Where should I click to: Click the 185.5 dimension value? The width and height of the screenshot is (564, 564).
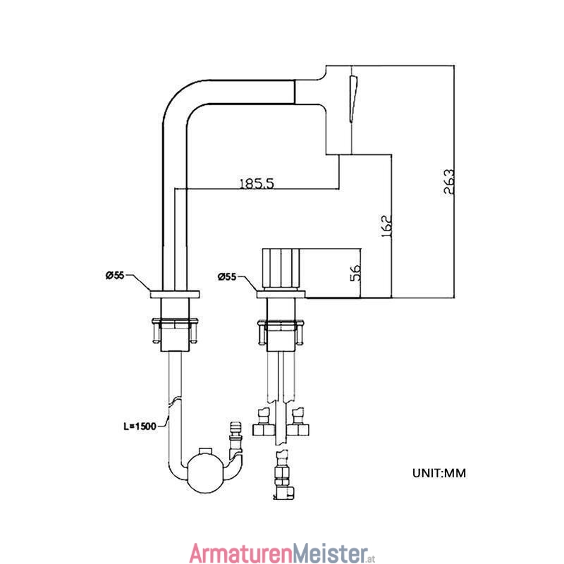257,183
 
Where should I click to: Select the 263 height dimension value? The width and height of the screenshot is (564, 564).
448,182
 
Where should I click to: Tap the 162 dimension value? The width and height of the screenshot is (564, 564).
386,226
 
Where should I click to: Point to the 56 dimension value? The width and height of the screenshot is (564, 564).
355,273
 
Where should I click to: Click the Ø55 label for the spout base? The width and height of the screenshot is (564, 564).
115,276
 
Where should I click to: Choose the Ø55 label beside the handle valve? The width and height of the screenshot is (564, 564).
227,276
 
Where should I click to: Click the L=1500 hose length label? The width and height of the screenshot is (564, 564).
140,427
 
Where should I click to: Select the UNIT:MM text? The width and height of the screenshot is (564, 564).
439,473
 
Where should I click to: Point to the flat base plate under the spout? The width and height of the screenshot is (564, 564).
175,294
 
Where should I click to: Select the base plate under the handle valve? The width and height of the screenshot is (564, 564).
281,294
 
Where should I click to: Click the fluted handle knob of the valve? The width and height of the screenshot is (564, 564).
281,269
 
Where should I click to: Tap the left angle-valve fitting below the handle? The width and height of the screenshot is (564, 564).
264,422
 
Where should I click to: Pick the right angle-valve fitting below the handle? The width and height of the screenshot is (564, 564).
298,422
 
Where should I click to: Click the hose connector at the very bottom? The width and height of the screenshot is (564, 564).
284,474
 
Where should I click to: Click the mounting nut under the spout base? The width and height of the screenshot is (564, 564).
175,330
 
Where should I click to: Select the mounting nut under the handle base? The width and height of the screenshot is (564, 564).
281,331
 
